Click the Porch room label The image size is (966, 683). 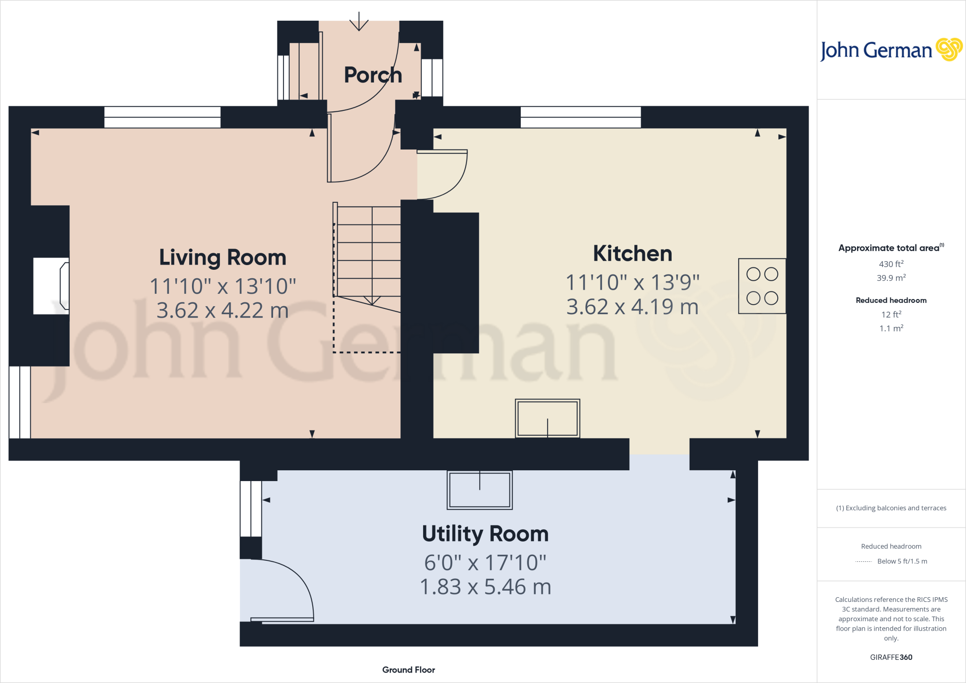point(373,75)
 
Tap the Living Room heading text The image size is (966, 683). point(223,258)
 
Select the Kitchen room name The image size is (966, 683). point(632,253)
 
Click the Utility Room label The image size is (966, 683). point(485,533)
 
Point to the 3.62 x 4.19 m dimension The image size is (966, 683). point(632,307)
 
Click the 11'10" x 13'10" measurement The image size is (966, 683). point(223,286)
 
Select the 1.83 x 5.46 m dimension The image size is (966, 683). point(485,587)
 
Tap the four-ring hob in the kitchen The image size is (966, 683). point(762,286)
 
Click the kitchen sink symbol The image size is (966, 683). point(547,418)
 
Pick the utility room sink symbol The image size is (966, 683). point(479,490)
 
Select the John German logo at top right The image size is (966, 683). point(891,50)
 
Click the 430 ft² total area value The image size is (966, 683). point(891,264)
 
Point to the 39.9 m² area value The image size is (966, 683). point(891,278)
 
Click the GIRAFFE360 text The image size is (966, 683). point(891,657)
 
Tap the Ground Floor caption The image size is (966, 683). point(408,670)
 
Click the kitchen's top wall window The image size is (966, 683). point(580,117)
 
